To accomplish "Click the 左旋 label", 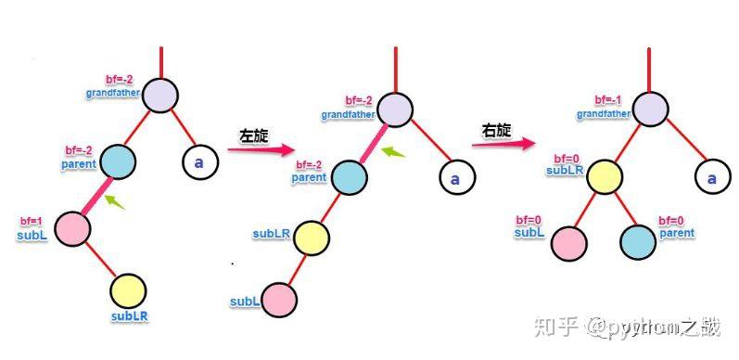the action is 253,135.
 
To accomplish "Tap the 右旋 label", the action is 497,132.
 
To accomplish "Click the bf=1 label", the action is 32,223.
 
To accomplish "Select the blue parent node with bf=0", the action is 638,241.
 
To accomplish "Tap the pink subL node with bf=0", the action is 569,241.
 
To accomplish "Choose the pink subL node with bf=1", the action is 70,228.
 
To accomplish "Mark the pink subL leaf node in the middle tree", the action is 278,300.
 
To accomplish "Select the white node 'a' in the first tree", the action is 198,161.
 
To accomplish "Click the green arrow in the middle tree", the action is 396,153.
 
